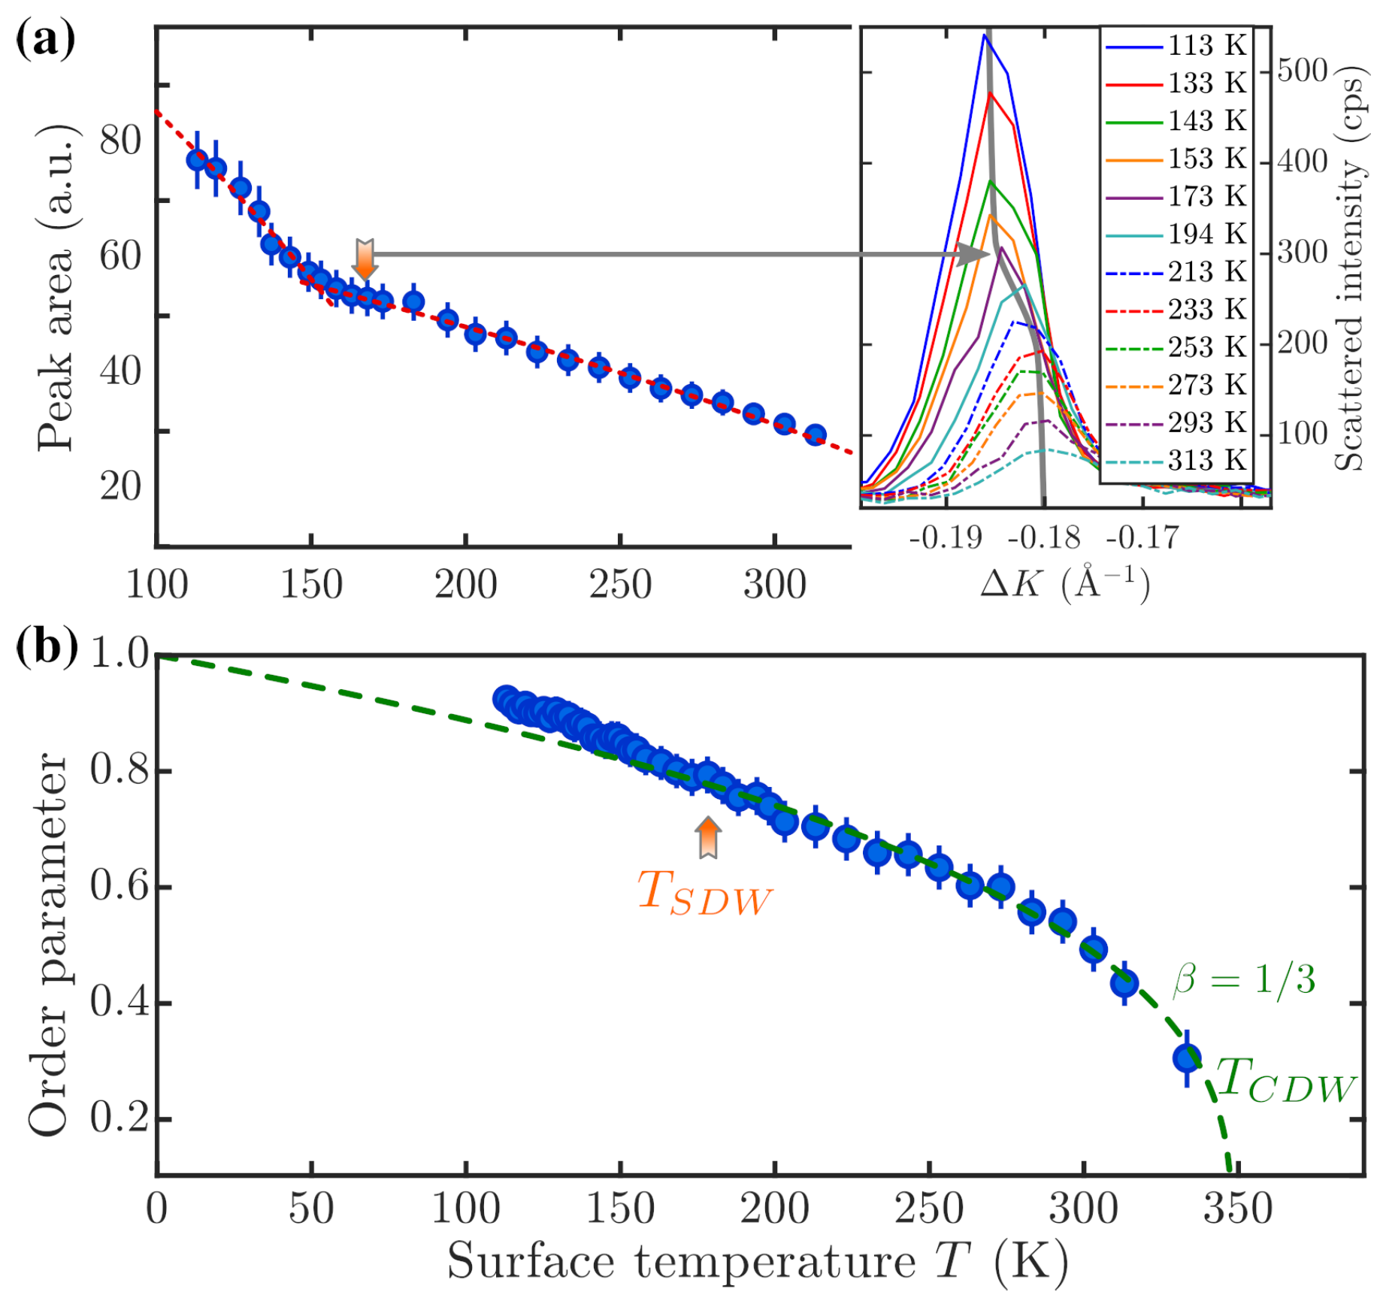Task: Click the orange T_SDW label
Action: tap(704, 894)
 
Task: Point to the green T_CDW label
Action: tap(1285, 1082)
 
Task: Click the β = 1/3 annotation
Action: tap(1244, 979)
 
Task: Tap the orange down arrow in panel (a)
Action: tap(365, 259)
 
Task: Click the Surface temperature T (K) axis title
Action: tap(757, 1260)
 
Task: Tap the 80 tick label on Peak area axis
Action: tap(120, 141)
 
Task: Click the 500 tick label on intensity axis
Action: tap(1302, 71)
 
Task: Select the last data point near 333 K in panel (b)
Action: tap(1187, 1058)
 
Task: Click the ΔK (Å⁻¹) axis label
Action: tap(1064, 582)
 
